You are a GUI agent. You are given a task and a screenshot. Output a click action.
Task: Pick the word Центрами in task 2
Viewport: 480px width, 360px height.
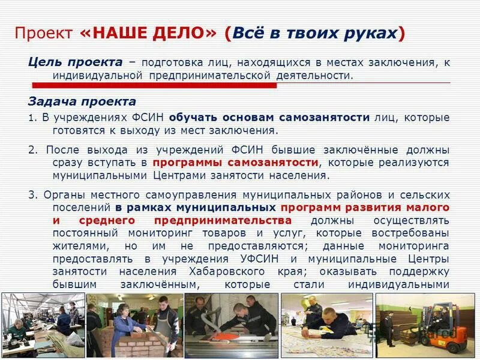(x=178, y=176)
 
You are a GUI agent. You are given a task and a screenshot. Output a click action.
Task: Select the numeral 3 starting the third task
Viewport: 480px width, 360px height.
(x=32, y=195)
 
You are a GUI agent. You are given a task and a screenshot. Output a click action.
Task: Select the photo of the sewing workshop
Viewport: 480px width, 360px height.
(x=42, y=325)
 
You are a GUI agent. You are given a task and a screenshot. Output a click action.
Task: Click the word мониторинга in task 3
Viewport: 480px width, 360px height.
(x=414, y=246)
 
